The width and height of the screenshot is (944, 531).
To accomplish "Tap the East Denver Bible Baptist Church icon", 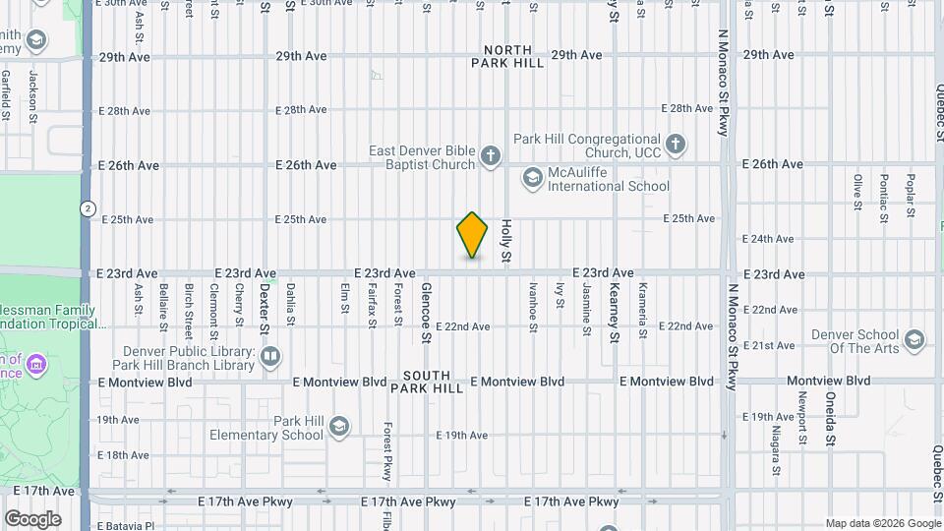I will (490, 155).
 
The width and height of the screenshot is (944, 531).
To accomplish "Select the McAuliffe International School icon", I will (532, 177).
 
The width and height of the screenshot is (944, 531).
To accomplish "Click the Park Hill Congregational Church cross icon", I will (675, 145).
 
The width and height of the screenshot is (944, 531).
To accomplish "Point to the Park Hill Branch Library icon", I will (269, 356).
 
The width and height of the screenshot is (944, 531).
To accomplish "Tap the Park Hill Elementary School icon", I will (338, 427).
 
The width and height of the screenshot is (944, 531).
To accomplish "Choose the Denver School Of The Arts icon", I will (914, 341).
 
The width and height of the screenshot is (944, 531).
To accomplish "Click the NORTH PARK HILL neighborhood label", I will (507, 56).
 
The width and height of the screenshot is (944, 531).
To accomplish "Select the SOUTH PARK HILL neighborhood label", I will (427, 382).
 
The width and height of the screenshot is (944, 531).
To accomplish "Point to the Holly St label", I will (507, 242).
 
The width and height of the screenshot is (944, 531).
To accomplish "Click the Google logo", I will (32, 519).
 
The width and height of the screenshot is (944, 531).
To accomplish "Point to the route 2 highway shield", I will (88, 208).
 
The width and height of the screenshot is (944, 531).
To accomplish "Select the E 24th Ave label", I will (768, 239).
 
